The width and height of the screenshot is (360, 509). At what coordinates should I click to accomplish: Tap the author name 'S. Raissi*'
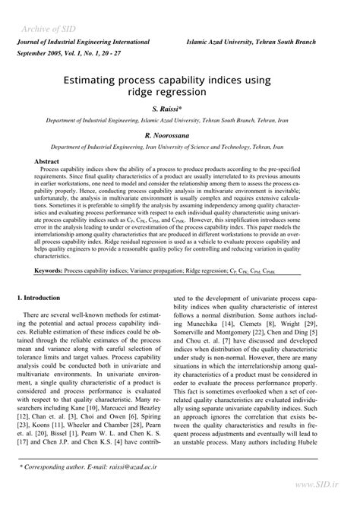(180, 109)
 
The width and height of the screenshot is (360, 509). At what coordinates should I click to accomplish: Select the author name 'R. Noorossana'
(180, 134)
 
